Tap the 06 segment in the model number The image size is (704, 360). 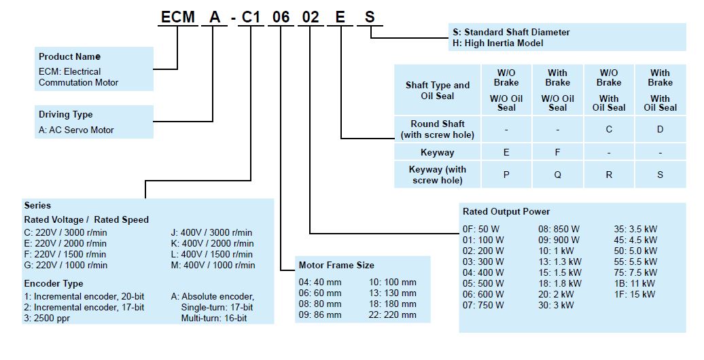(277, 16)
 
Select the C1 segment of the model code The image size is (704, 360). (251, 16)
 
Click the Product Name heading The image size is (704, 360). (69, 56)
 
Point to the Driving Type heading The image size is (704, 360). (65, 114)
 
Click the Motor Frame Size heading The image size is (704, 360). (336, 265)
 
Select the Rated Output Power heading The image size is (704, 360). (506, 211)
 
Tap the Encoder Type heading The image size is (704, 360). (54, 283)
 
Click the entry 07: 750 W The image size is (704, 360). (484, 305)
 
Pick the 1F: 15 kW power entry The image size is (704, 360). (635, 294)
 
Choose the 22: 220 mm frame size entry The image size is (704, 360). (392, 314)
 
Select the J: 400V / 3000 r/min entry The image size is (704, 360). (211, 232)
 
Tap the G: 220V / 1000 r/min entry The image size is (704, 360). (65, 265)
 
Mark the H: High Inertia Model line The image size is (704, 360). (498, 43)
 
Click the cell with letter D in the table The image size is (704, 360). (660, 129)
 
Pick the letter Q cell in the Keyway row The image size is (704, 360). (557, 175)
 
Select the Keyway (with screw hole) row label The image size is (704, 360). (438, 175)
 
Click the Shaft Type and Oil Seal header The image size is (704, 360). (438, 90)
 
